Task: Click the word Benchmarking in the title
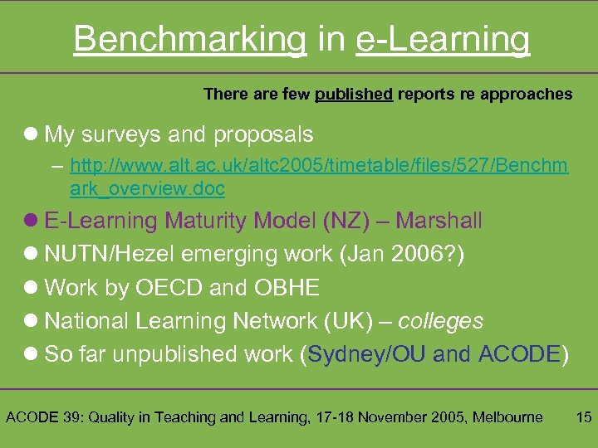189,39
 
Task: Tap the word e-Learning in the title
443,39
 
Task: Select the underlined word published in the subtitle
354,95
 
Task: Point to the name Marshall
439,221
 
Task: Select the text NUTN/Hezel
112,254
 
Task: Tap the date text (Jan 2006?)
403,254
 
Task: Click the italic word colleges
440,321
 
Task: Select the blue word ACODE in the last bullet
520,354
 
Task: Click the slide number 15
583,416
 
